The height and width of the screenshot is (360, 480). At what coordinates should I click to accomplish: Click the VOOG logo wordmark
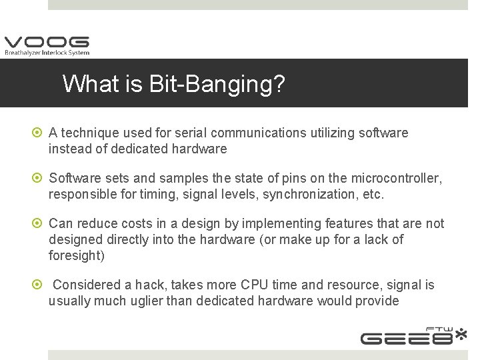46,42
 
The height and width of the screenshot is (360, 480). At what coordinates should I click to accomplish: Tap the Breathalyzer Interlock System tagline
47,53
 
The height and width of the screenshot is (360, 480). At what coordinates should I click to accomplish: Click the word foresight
76,256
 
